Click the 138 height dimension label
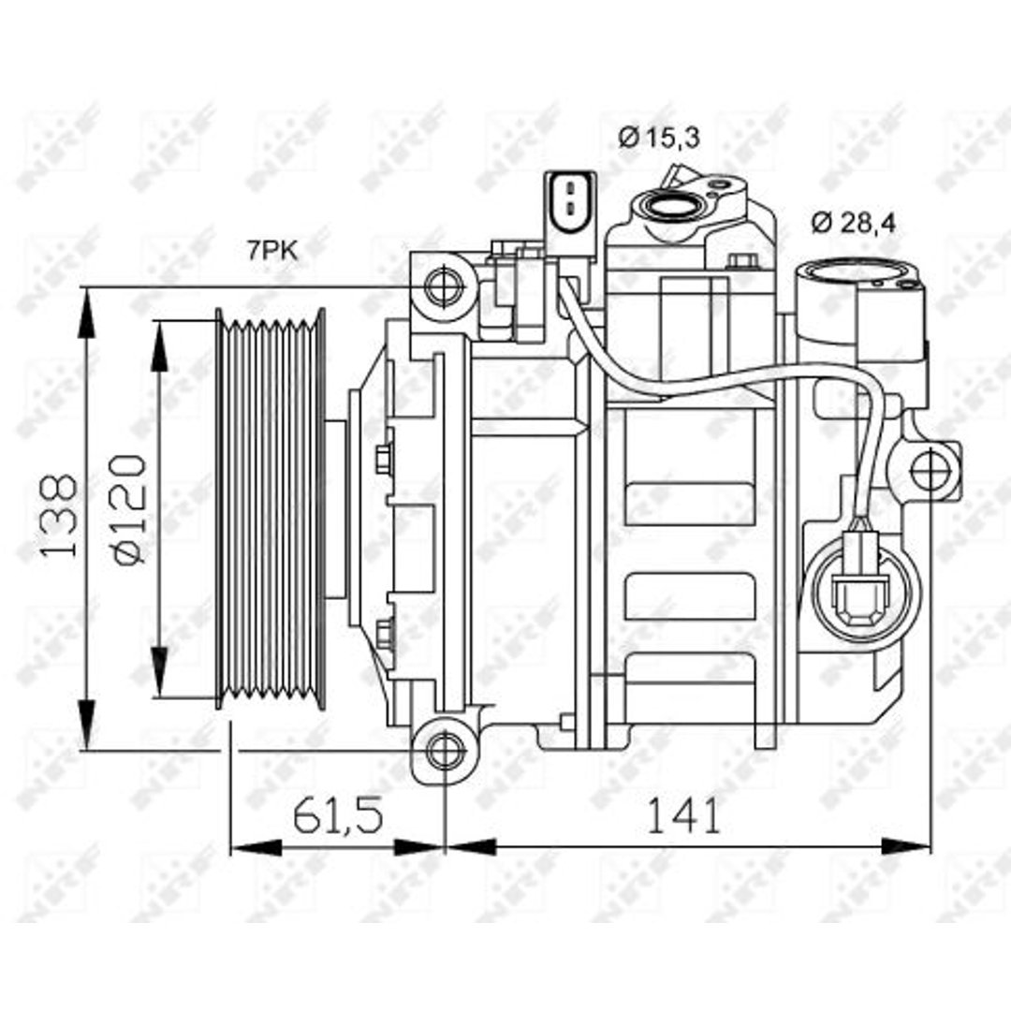59,517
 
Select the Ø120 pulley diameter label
129,509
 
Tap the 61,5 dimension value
338,815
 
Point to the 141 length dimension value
682,815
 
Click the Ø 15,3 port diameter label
658,138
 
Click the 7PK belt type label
272,250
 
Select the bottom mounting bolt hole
446,751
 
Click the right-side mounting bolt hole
931,470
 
